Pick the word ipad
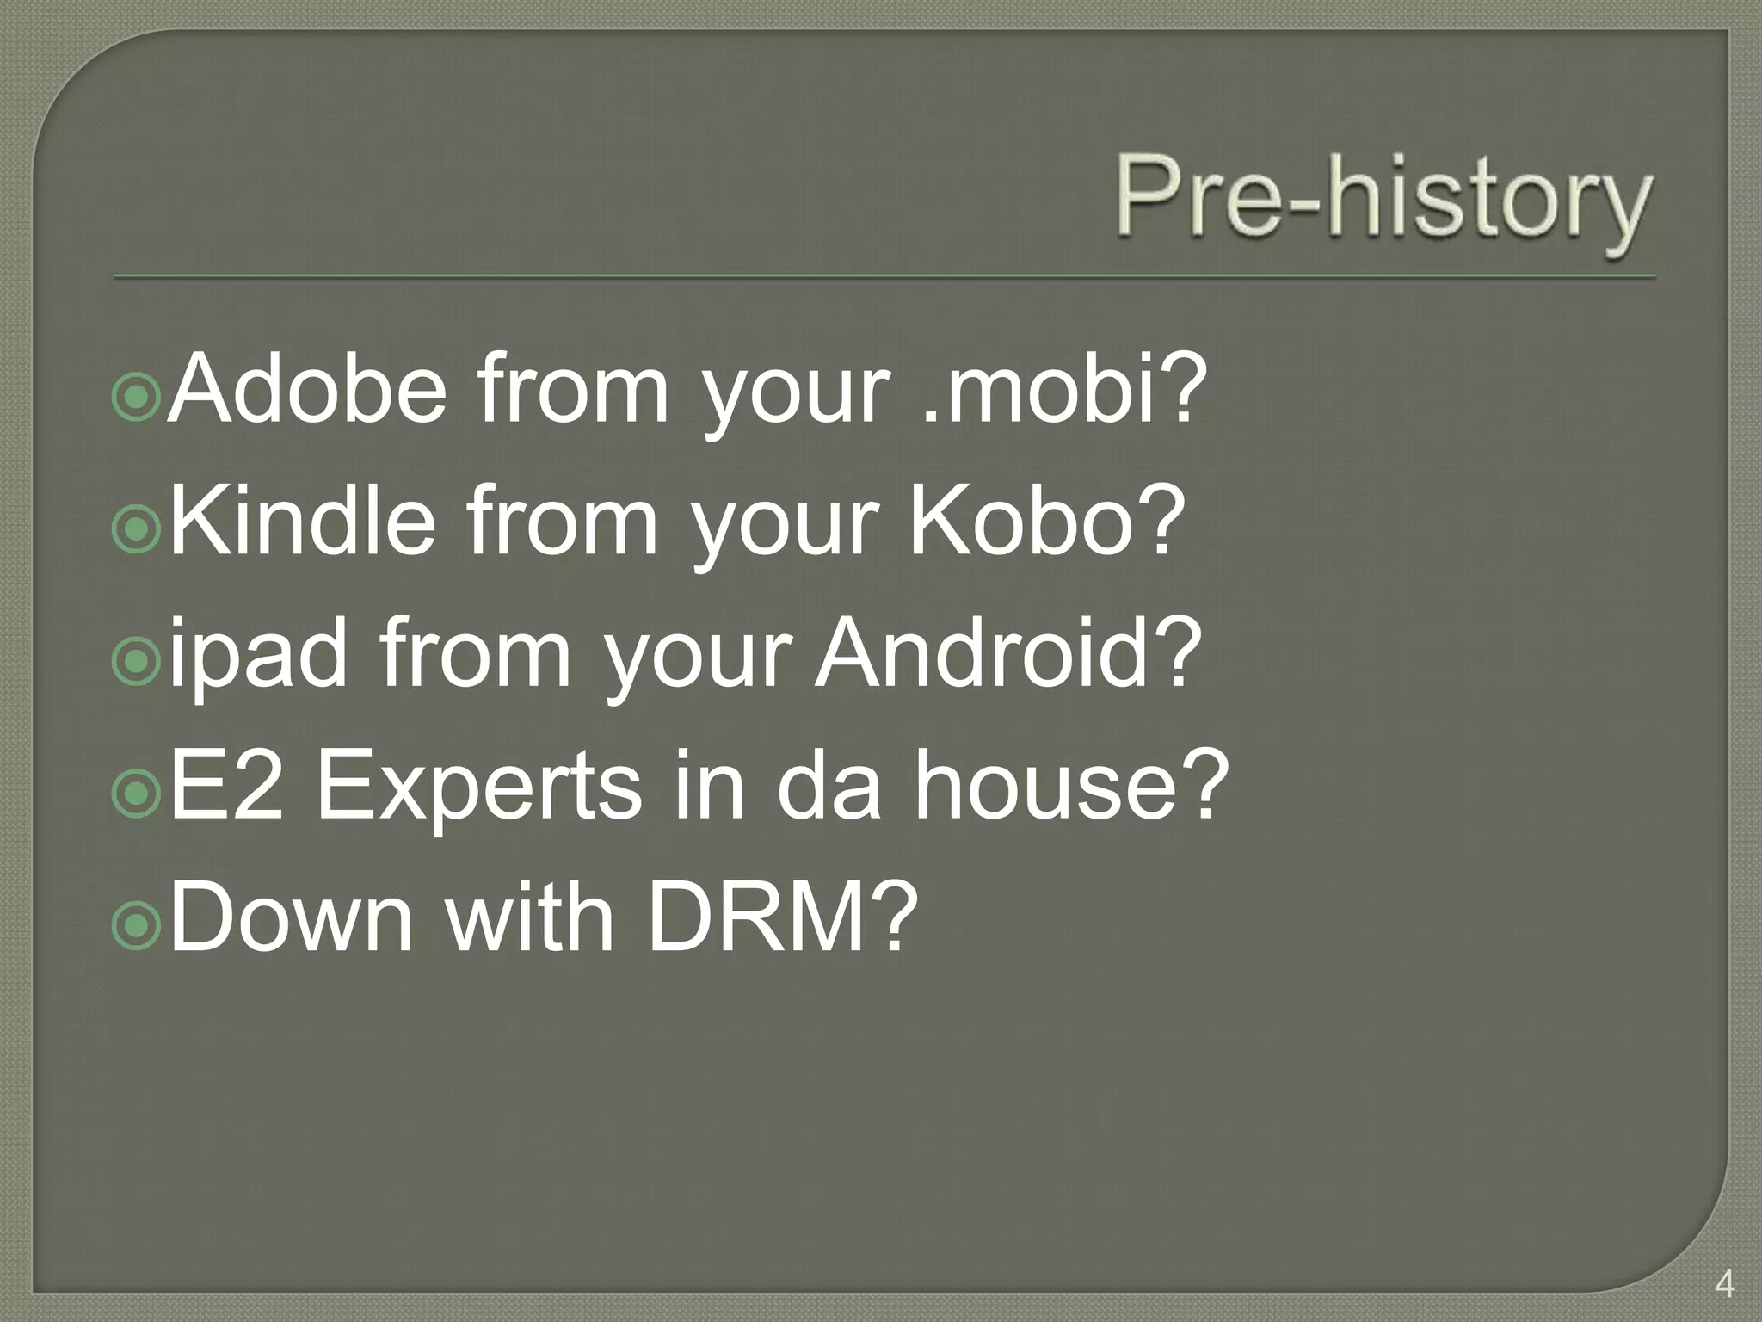point(258,656)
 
